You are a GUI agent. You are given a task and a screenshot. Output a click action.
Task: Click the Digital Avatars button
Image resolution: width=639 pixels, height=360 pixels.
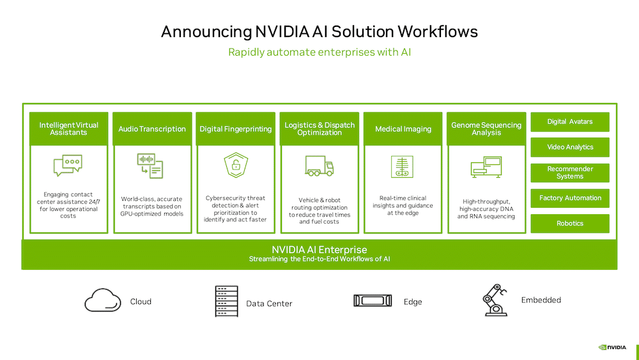570,122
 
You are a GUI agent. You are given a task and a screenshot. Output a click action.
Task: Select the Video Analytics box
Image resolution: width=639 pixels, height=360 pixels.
570,147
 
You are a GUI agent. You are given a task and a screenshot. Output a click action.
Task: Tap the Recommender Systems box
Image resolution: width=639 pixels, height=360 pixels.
570,173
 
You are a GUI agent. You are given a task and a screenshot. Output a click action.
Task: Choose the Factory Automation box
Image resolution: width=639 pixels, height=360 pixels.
570,198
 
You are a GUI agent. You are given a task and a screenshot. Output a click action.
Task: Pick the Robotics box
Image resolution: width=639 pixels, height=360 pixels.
570,223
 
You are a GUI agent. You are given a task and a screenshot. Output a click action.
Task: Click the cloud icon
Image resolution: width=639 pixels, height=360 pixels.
103,301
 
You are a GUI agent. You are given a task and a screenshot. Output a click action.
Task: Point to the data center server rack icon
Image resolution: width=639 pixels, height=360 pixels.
227,301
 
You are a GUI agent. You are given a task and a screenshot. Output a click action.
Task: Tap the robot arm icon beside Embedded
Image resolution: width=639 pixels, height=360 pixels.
495,300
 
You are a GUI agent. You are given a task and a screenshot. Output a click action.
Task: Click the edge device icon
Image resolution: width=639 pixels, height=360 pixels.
373,301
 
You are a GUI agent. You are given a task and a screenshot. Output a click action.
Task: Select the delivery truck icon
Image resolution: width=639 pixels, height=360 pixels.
319,166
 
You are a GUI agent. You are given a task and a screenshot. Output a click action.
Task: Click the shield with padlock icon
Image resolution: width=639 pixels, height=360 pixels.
236,165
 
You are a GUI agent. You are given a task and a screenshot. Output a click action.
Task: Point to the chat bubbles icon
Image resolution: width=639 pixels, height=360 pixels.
68,165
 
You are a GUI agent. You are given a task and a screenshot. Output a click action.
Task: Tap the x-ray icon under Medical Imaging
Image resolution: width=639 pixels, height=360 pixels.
402,166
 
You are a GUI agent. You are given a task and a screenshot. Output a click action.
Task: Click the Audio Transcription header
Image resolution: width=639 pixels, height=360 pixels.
152,129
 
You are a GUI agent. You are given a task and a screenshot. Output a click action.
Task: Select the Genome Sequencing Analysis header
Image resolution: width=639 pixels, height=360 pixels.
486,129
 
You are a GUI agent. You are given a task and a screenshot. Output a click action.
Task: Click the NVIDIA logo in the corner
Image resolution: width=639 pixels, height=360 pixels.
612,347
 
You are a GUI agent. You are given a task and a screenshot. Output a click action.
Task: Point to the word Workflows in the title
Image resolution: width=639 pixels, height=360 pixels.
438,32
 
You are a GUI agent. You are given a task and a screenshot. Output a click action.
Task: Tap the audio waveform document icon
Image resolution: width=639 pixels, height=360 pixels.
150,166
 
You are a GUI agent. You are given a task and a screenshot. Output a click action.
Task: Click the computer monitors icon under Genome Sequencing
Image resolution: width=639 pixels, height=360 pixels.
486,167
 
